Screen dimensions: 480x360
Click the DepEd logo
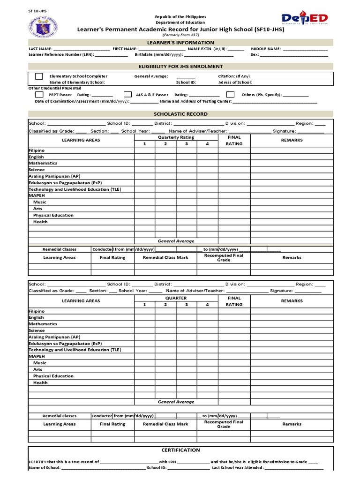tap(305, 18)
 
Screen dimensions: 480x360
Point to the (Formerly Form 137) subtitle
tap(180, 35)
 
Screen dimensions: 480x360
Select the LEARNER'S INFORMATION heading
tap(180, 43)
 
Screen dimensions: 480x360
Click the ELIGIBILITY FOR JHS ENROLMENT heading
tap(180, 67)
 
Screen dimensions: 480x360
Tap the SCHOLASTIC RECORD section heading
tap(180, 114)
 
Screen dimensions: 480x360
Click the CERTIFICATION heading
tap(180, 450)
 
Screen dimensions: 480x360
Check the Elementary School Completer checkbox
tap(39, 76)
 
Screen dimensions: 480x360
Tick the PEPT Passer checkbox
tap(39, 94)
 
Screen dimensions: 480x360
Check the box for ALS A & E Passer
tap(127, 94)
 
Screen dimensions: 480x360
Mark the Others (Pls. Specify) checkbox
tap(230, 94)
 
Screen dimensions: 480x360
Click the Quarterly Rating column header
tap(176, 137)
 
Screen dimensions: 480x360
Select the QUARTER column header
tap(176, 298)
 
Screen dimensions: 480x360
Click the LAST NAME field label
tap(40, 49)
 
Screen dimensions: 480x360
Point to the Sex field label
tap(255, 54)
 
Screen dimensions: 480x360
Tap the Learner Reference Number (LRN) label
tap(61, 54)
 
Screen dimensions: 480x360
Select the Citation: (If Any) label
tap(234, 76)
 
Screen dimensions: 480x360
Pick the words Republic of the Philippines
tap(180, 17)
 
